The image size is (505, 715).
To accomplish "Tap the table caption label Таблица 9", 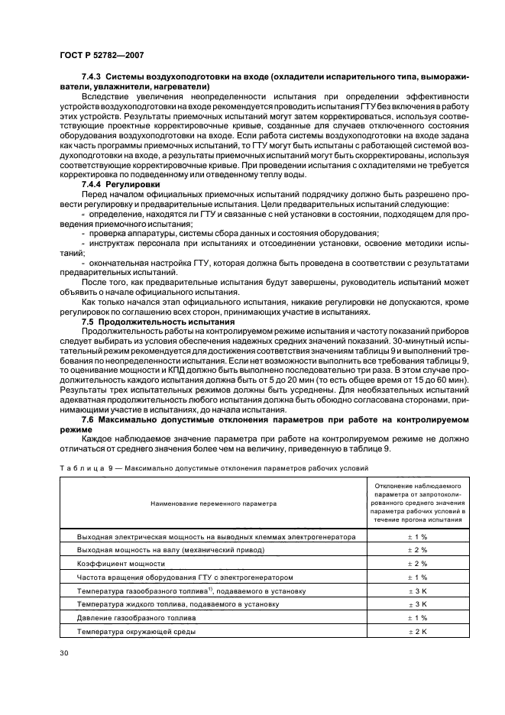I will [x=84, y=467].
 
